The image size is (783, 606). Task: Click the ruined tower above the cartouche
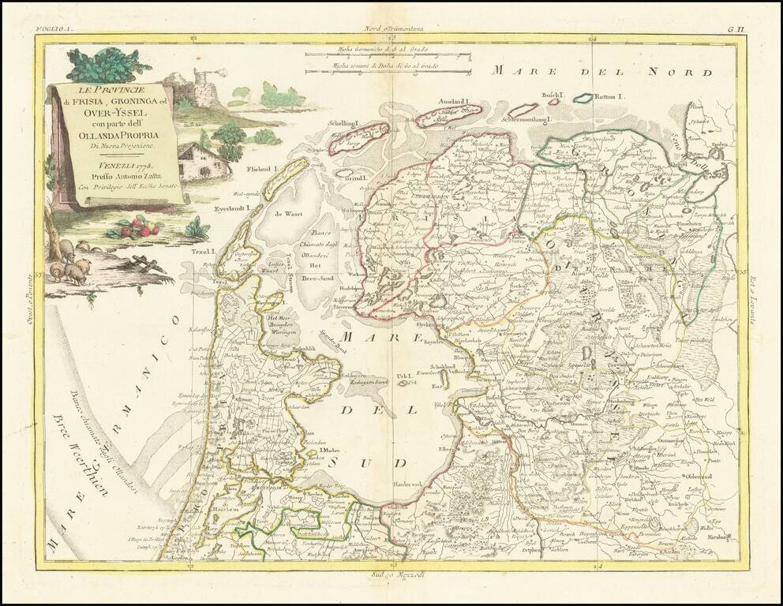tap(204, 88)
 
